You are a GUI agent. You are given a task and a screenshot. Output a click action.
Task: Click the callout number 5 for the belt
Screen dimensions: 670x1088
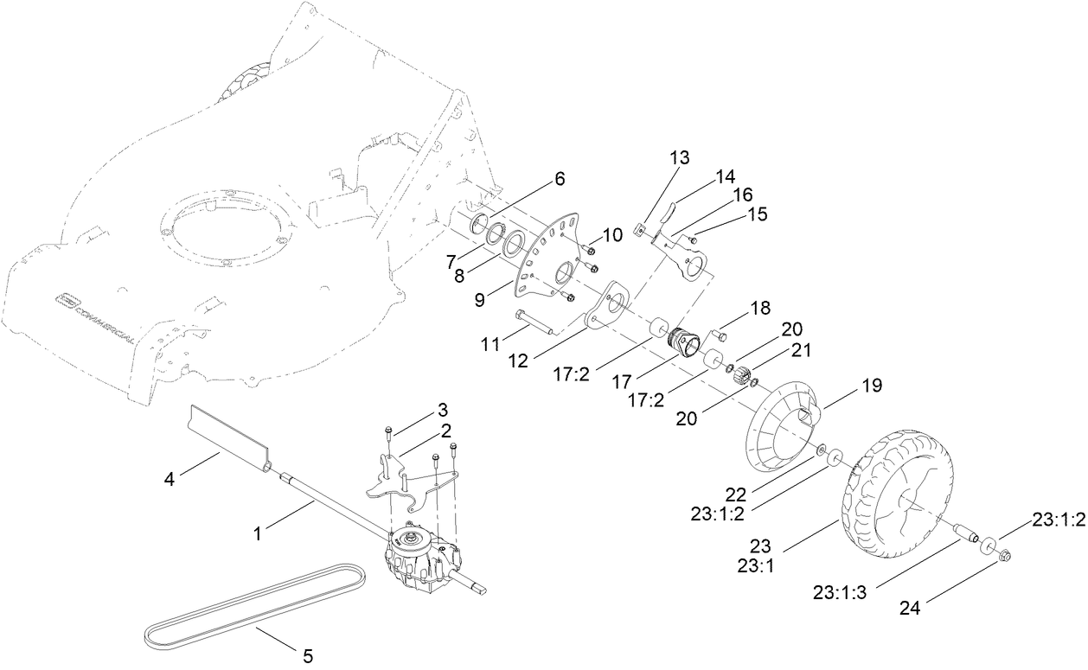pyautogui.click(x=308, y=656)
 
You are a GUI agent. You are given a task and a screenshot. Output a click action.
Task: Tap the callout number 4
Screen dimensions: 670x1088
pyautogui.click(x=170, y=477)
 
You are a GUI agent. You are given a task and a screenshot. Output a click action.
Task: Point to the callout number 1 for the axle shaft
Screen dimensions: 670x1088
pyautogui.click(x=257, y=535)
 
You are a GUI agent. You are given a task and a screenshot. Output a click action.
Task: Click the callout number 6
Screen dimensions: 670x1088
pyautogui.click(x=560, y=179)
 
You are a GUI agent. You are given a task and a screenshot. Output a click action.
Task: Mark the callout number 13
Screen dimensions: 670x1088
pyautogui.click(x=679, y=158)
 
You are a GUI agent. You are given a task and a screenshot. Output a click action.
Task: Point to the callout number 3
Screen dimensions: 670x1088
pyautogui.click(x=443, y=408)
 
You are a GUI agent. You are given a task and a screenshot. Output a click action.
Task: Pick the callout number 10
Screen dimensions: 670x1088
pyautogui.click(x=612, y=234)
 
